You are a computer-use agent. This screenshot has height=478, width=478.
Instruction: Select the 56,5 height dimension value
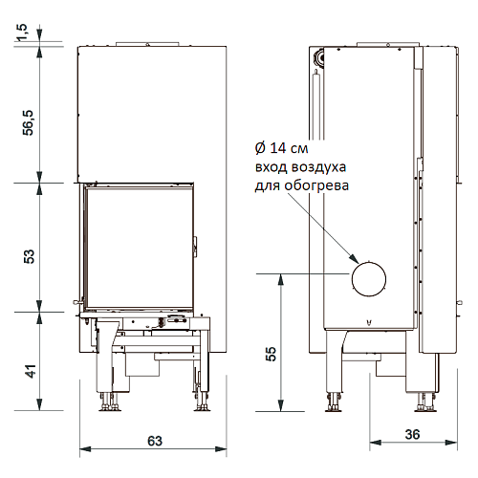click(x=28, y=123)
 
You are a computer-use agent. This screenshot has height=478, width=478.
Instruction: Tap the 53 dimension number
click(x=29, y=256)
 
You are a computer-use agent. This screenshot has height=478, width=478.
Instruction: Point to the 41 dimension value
click(x=32, y=371)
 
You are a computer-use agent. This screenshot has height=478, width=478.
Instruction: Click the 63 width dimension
click(x=155, y=441)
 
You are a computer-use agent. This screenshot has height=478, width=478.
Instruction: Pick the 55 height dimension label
click(x=271, y=354)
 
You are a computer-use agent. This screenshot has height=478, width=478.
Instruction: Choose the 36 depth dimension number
click(x=412, y=434)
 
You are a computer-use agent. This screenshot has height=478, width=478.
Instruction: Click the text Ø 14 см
click(x=282, y=148)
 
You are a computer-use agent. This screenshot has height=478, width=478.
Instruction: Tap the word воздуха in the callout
click(x=319, y=167)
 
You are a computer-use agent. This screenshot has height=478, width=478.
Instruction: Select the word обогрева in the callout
click(x=316, y=185)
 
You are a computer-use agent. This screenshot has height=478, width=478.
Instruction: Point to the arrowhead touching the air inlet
click(x=354, y=259)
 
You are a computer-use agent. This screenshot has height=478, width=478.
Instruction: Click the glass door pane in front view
click(x=139, y=249)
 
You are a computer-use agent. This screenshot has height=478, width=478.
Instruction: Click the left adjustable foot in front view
click(x=109, y=402)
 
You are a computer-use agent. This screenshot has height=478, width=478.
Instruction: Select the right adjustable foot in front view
click(x=202, y=402)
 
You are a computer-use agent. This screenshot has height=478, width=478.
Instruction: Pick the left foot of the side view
click(x=335, y=403)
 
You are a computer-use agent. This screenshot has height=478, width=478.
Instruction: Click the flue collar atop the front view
click(x=147, y=44)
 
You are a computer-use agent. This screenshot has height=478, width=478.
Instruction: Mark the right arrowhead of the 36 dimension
click(x=452, y=443)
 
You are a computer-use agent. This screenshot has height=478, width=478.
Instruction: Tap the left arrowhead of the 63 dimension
click(x=85, y=449)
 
